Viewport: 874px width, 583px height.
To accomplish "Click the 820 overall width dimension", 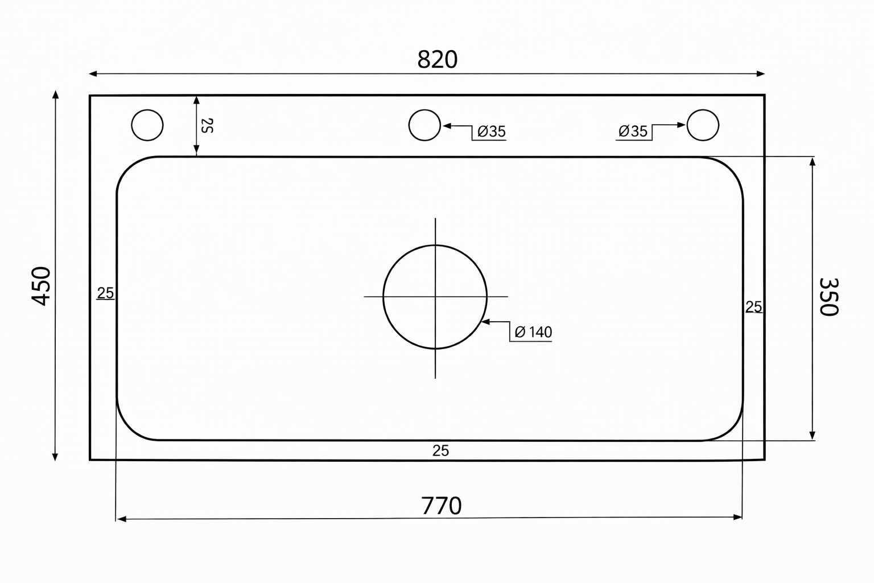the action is [437, 60].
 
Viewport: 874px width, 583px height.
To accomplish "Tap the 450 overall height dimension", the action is [41, 286].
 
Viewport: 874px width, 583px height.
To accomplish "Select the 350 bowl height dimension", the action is [828, 297].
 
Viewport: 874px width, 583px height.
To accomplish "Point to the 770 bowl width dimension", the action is [442, 506].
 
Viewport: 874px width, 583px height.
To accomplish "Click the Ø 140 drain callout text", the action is [533, 332].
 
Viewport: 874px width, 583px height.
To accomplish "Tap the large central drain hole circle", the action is [435, 245].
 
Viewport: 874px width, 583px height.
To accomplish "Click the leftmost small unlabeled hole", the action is [147, 110].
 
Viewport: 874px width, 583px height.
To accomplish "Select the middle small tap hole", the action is [424, 110].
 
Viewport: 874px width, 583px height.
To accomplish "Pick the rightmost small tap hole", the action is [703, 110].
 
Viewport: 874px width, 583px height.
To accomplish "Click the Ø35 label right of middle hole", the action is [492, 132].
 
